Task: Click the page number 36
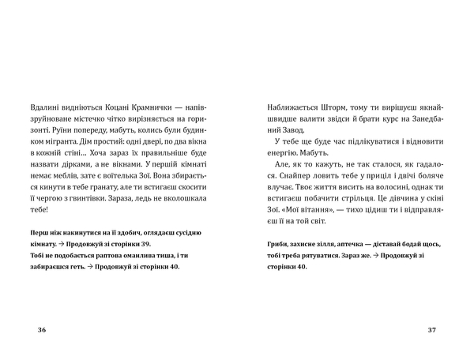coord(42,329)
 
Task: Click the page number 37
coord(431,329)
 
